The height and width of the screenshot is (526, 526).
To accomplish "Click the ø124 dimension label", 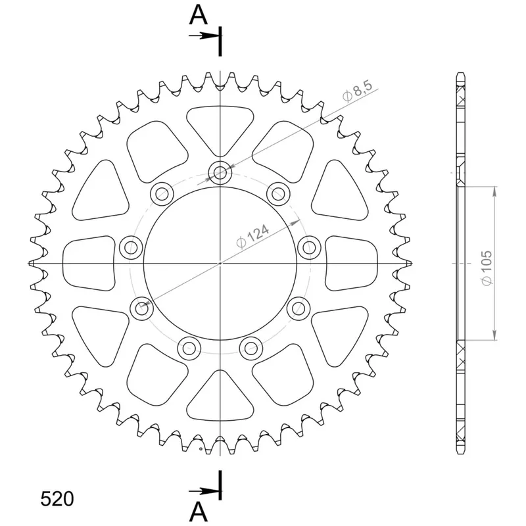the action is coord(253,236).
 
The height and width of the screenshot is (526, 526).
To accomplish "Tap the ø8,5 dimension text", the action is coord(358,91).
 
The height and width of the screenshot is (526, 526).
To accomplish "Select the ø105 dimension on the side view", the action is coord(487,268).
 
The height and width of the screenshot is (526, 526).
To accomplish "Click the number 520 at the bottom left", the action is coord(57,499).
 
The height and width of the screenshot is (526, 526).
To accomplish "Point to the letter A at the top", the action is coord(199,15).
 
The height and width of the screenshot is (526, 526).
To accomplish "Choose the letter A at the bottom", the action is coord(199,512).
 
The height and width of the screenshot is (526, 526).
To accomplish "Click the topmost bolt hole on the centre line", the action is coord(220,173).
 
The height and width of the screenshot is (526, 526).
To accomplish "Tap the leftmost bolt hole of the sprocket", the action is coord(131,248).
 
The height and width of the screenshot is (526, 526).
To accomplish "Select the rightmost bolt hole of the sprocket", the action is coord(309,248).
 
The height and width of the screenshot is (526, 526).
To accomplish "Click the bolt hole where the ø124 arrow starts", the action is coord(141,308).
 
